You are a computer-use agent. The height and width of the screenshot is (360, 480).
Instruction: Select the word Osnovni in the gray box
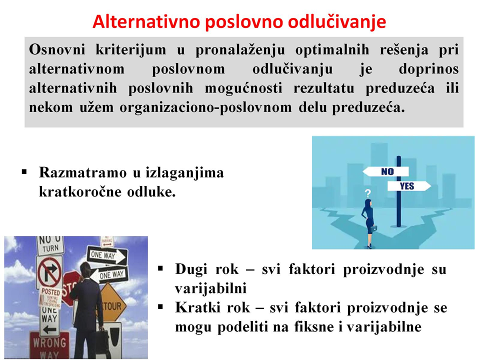pos(57,49)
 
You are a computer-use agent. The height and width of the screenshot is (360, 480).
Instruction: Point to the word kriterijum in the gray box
pos(130,49)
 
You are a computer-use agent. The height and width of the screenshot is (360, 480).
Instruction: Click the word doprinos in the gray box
pos(428,69)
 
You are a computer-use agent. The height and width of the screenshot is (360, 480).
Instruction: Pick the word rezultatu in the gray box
pos(324,88)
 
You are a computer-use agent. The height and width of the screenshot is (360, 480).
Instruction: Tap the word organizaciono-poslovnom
pos(205,108)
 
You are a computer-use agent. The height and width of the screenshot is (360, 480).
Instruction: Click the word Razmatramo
pos(82,172)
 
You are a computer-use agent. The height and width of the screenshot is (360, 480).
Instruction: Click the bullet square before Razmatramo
pos(24,171)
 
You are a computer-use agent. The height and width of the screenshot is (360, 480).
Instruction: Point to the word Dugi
pos(191,269)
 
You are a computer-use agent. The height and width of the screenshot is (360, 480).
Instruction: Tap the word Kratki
pos(197,307)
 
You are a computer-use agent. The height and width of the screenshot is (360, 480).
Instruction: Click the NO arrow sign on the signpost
pos(385,171)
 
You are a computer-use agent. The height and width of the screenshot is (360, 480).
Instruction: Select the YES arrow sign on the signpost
pos(409,186)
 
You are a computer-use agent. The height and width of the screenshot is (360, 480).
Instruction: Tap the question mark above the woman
pos(367,193)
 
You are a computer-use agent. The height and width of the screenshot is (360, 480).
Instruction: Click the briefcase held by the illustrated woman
pos(374,228)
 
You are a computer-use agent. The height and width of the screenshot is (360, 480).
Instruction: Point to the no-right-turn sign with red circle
pos(49,272)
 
